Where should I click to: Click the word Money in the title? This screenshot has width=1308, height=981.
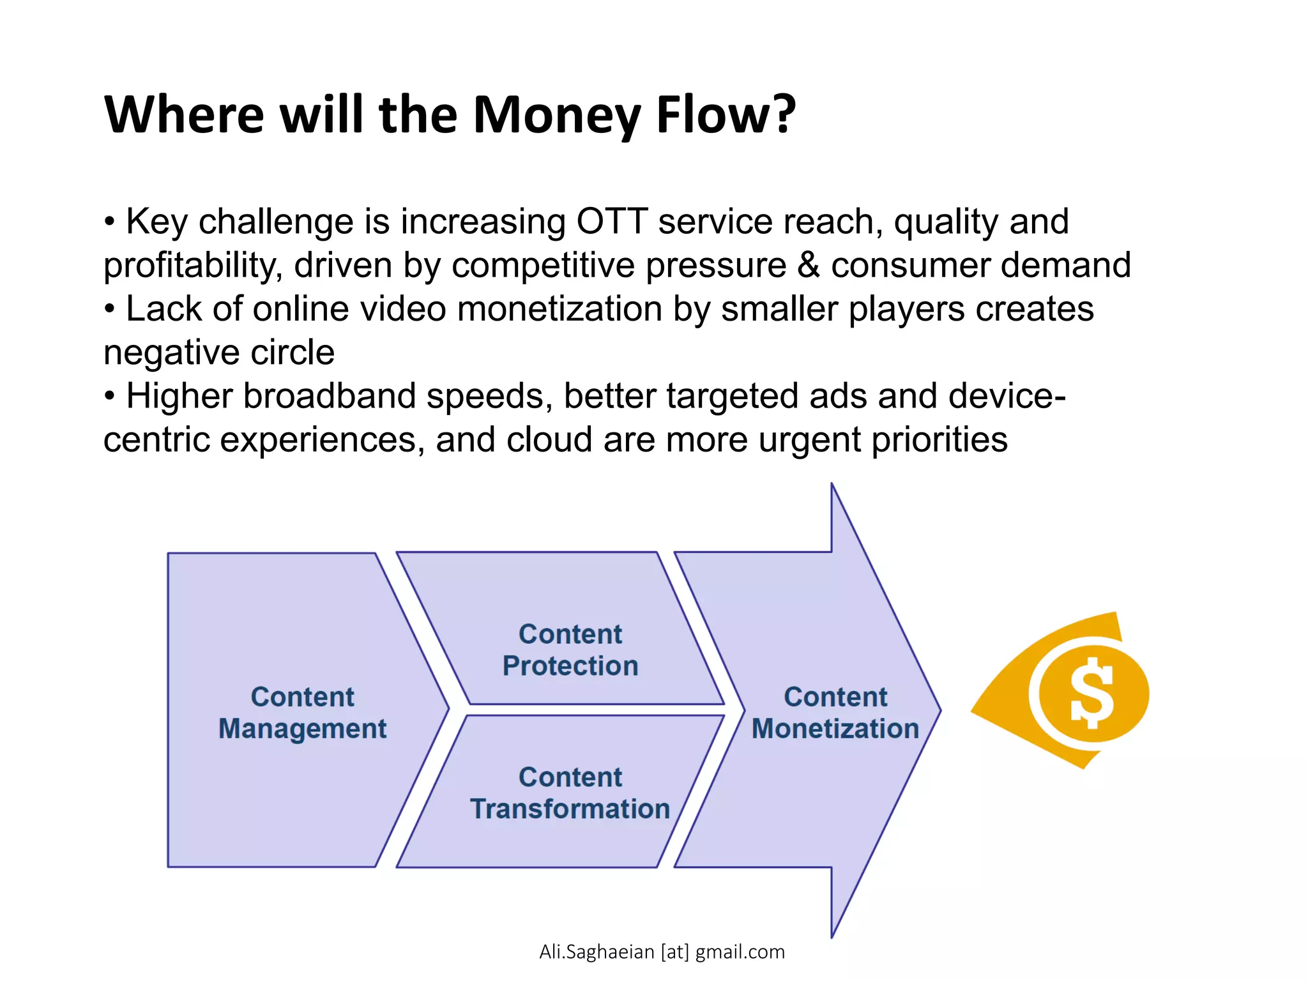(x=556, y=115)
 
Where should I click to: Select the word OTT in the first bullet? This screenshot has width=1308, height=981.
(x=612, y=222)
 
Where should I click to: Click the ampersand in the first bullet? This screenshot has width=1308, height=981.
(x=809, y=265)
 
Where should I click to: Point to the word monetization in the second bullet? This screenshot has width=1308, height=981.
(x=559, y=309)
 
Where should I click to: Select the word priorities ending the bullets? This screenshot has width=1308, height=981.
(x=939, y=440)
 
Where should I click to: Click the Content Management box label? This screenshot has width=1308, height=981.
(x=302, y=712)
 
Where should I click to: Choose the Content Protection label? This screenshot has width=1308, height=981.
(x=570, y=650)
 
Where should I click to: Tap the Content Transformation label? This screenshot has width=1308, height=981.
(x=570, y=793)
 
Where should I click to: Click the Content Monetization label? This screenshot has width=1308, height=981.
(x=835, y=712)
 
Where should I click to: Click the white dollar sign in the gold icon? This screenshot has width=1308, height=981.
(x=1091, y=693)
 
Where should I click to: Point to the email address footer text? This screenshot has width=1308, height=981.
(x=662, y=952)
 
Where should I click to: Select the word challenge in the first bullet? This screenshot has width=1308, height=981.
(x=276, y=222)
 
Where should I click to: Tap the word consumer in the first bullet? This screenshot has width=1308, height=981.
(x=909, y=265)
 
